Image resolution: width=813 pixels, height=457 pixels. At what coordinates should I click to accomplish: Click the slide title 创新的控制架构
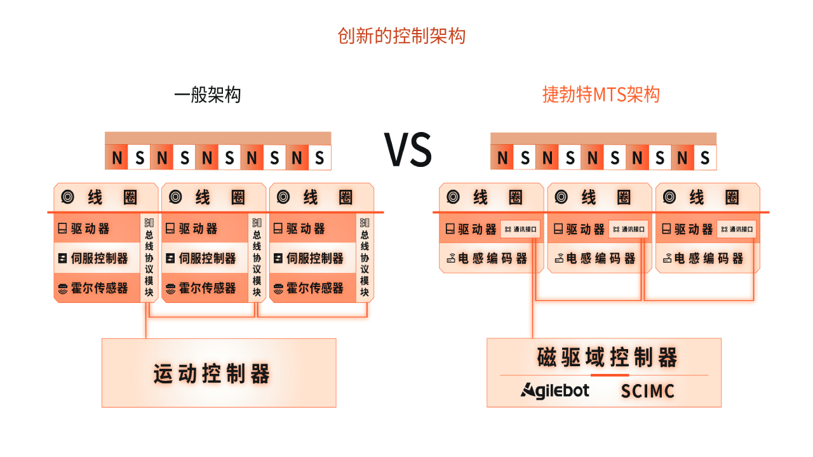point(401,36)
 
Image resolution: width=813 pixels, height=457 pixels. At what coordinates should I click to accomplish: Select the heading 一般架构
point(208,95)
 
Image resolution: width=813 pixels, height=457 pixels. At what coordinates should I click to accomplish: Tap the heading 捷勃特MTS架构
point(601,95)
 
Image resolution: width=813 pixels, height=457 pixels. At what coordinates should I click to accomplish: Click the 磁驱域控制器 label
point(607,357)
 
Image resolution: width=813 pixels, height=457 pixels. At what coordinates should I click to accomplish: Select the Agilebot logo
point(555,390)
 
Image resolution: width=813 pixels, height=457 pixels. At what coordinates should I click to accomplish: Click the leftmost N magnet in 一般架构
point(117,158)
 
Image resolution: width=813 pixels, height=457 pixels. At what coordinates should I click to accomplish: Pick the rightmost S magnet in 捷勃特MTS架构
point(704,158)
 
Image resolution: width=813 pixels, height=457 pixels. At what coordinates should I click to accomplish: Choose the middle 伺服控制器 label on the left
point(206,258)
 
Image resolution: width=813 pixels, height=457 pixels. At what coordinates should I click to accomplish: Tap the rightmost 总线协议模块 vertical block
point(365,257)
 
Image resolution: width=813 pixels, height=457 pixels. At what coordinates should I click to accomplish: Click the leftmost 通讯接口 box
point(521,229)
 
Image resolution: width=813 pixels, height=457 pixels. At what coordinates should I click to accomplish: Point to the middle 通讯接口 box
point(629,229)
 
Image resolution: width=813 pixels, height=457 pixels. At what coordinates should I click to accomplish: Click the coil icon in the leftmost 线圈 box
point(67,197)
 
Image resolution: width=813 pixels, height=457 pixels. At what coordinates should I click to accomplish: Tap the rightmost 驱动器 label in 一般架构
point(306,228)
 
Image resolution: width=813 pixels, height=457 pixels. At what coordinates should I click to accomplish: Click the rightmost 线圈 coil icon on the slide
point(669,197)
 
